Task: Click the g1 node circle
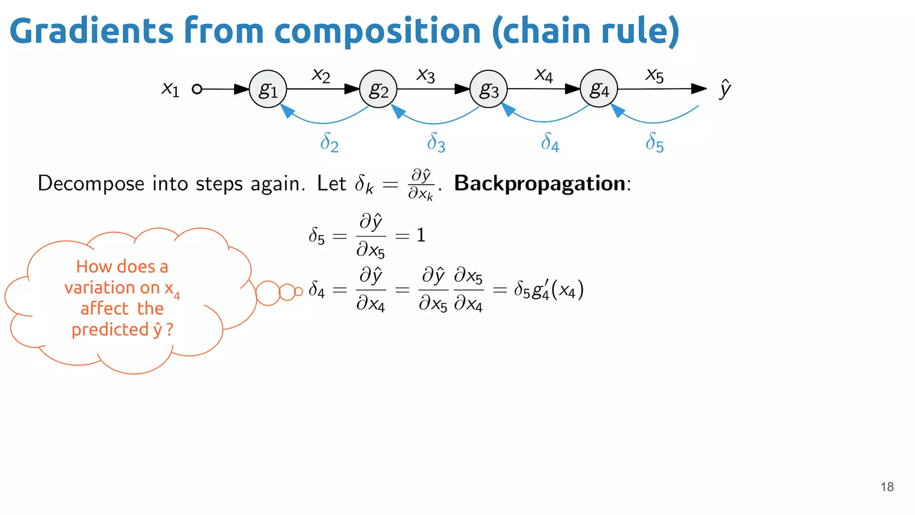point(268,89)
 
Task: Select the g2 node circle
point(378,89)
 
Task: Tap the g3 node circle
point(488,89)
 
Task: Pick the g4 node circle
point(599,89)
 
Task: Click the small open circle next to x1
point(197,89)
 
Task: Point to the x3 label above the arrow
point(425,75)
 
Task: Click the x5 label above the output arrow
point(654,75)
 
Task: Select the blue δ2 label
point(329,142)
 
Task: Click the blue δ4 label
point(550,142)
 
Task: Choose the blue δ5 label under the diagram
point(654,142)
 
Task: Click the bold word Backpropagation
point(540,183)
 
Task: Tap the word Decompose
point(91,183)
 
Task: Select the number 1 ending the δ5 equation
point(421,235)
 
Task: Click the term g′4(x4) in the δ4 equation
point(558,290)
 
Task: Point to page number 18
point(887,487)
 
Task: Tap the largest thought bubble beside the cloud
point(268,293)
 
